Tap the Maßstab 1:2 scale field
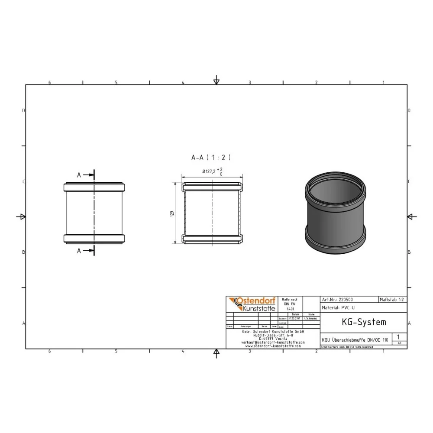tap(392, 299)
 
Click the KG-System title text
tap(358, 322)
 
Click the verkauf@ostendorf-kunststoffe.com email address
tap(273, 342)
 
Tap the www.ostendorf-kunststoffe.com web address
tap(273, 346)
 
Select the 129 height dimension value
tap(172, 214)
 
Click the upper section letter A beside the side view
tap(79, 175)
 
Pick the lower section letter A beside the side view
tap(79, 251)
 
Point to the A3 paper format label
tap(399, 343)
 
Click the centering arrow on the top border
tap(216, 81)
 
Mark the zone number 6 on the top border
tap(50, 82)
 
